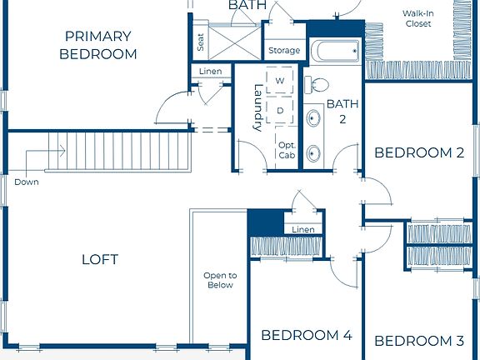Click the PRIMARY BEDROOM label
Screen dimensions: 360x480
tap(98, 45)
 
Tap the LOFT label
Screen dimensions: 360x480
tap(99, 259)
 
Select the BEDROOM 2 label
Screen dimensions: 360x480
tap(418, 152)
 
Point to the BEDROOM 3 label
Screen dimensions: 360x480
tap(418, 341)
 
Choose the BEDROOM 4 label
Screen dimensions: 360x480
tap(306, 335)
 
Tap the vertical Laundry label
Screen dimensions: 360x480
tap(258, 109)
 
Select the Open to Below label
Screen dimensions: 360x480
tap(220, 280)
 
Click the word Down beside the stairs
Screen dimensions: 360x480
tap(26, 182)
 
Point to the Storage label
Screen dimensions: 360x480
tap(284, 51)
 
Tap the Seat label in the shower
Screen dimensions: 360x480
tap(201, 42)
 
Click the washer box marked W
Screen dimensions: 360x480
tap(280, 81)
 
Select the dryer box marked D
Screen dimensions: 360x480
tap(280, 109)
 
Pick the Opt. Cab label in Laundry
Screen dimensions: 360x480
tap(286, 150)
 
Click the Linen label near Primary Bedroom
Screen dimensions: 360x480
tap(210, 72)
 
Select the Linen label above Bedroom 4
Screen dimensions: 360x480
tap(304, 229)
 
